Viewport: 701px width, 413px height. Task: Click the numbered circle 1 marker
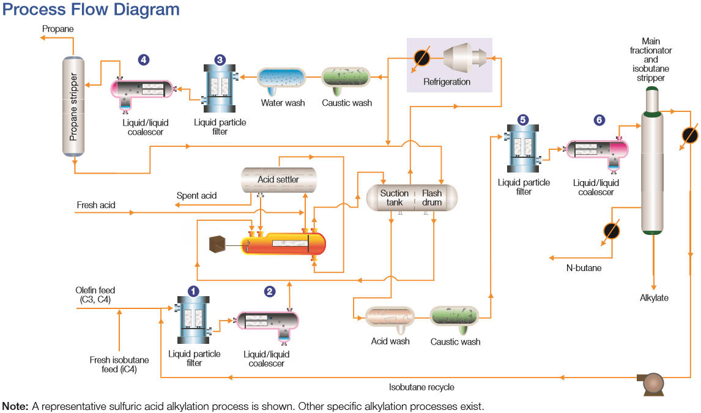(193, 291)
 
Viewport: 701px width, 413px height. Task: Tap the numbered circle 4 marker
(143, 60)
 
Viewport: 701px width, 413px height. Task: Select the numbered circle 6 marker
(599, 121)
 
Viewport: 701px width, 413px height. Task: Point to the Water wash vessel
(281, 78)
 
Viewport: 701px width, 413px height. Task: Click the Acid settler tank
(278, 179)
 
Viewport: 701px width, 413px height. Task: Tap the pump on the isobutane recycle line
(650, 384)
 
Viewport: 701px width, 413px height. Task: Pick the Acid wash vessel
(390, 317)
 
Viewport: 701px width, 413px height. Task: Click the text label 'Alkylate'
(654, 298)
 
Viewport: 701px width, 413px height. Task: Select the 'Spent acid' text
(196, 196)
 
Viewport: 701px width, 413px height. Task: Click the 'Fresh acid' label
(96, 205)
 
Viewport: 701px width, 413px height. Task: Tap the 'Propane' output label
(58, 29)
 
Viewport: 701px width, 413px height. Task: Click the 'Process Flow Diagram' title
(91, 10)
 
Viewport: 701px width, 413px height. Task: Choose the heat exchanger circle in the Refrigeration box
(421, 58)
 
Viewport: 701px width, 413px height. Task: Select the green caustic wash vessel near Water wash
(346, 78)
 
